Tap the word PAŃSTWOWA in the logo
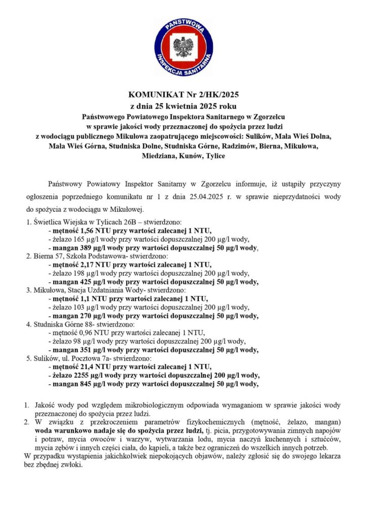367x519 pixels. click(x=183, y=25)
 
